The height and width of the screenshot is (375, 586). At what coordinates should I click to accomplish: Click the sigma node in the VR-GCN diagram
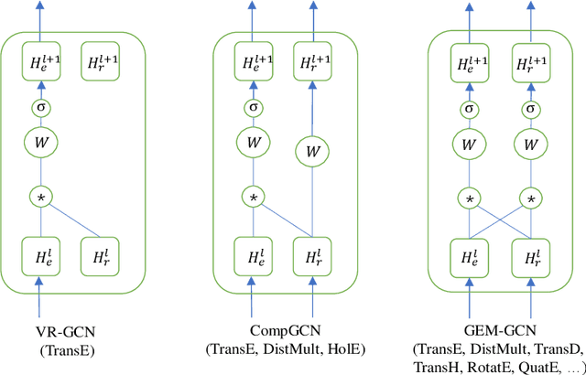click(x=39, y=107)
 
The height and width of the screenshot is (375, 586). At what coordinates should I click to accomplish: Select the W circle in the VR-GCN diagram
click(x=39, y=143)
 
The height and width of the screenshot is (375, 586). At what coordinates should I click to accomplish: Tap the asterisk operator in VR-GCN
click(x=39, y=197)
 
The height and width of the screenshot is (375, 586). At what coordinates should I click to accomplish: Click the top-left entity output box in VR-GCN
click(x=39, y=63)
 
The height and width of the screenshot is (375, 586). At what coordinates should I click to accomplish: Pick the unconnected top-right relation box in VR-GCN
click(x=102, y=63)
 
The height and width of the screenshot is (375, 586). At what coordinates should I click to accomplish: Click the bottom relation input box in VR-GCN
click(x=102, y=255)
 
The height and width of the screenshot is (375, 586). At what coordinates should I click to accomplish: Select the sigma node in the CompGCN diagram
click(x=254, y=108)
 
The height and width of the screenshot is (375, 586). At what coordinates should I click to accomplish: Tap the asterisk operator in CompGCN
click(x=254, y=197)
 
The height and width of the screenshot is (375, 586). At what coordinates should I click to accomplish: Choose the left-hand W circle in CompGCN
click(x=254, y=143)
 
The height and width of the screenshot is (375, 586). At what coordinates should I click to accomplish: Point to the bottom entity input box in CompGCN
click(x=254, y=255)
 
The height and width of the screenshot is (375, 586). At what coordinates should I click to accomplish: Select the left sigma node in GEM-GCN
click(x=469, y=108)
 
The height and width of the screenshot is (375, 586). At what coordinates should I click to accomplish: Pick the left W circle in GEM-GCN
click(x=469, y=144)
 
